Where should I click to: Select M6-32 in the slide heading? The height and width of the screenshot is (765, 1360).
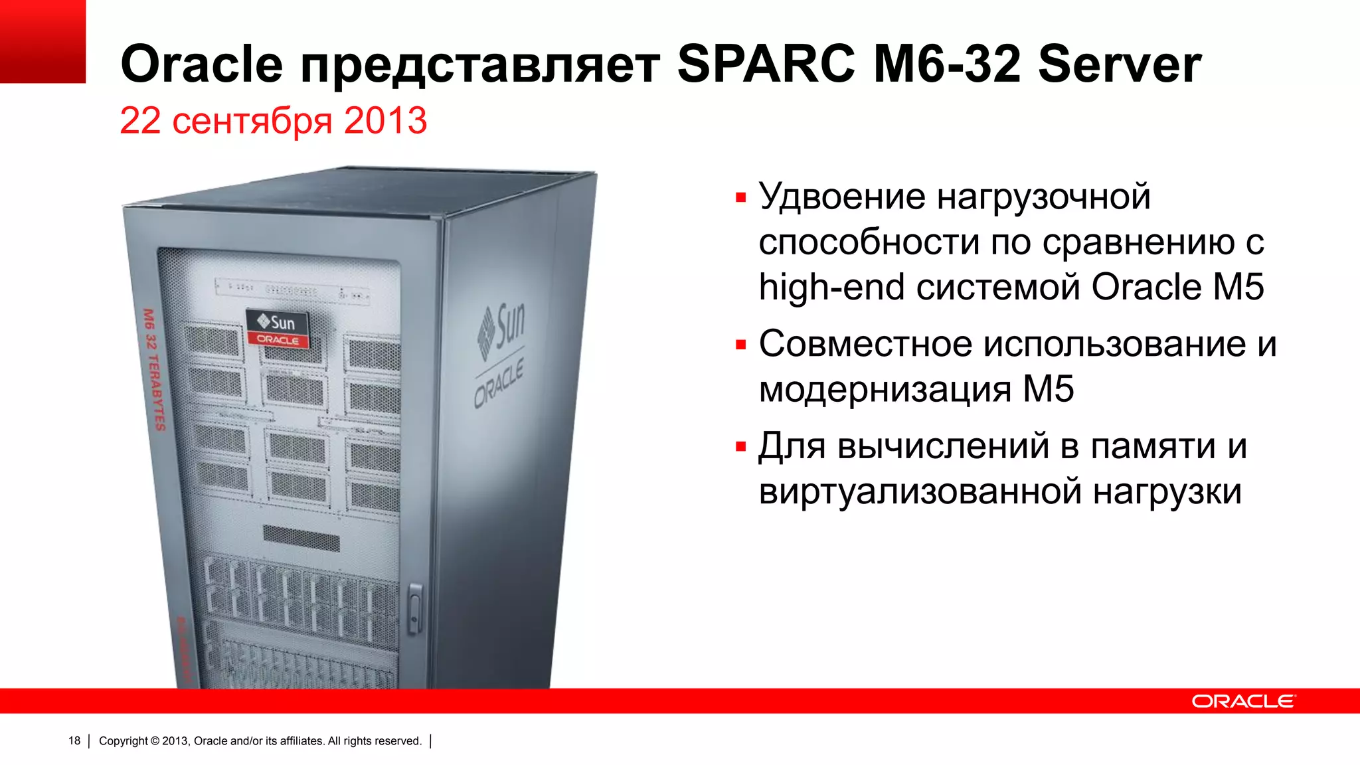click(x=947, y=64)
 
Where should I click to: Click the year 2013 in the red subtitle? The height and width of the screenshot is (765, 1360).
click(x=385, y=121)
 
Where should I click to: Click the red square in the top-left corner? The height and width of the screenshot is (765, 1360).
click(x=42, y=41)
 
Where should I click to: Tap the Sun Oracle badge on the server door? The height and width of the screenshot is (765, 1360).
click(x=278, y=329)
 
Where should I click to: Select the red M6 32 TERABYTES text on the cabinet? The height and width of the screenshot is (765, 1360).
click(x=153, y=369)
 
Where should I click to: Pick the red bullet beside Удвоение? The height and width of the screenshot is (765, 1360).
click(x=741, y=197)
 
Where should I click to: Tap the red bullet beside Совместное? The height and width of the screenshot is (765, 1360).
click(x=741, y=345)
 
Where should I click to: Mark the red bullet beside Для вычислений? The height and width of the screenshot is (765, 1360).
click(x=741, y=447)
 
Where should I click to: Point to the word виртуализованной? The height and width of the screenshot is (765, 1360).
click(x=920, y=492)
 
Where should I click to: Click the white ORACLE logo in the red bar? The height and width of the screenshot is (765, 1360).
click(x=1242, y=701)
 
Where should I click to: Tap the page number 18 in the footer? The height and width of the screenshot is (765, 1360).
click(x=74, y=741)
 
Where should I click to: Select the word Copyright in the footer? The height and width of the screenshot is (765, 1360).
click(x=124, y=741)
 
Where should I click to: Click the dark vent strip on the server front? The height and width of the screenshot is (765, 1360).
click(x=301, y=538)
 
